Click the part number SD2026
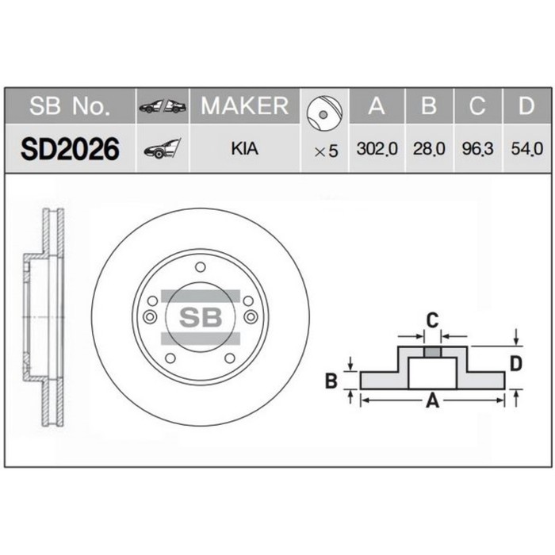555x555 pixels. [x=70, y=148]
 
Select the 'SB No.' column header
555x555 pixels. [x=70, y=106]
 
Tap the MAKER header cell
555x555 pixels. [x=244, y=106]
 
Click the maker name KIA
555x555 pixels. [x=244, y=148]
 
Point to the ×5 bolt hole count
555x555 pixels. [x=325, y=150]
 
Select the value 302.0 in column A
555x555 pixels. [x=376, y=149]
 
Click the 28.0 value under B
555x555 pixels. [x=428, y=149]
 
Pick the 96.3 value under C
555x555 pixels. [x=477, y=149]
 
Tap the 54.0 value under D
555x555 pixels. [x=525, y=149]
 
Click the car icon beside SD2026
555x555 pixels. [x=161, y=148]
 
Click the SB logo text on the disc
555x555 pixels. [x=199, y=318]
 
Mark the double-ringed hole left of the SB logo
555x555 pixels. [x=150, y=317]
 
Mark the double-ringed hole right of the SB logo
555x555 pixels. [x=251, y=317]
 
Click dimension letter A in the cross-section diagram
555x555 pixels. [x=433, y=401]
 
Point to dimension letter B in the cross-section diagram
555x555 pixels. [x=332, y=381]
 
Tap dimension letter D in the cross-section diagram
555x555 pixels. [x=515, y=364]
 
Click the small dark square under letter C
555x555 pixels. [x=432, y=353]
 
